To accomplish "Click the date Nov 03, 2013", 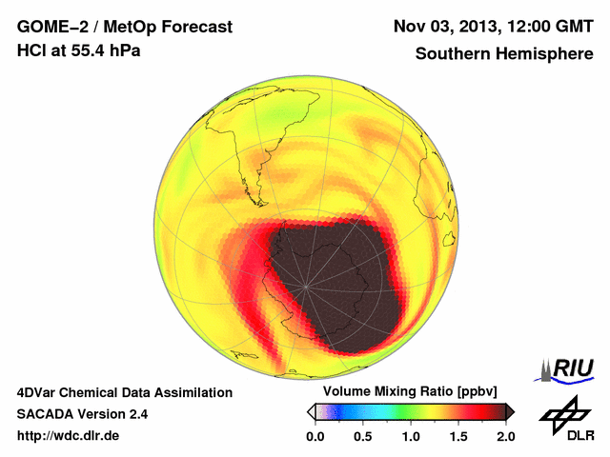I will pos(447,27).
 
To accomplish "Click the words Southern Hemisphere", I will pos(503,54).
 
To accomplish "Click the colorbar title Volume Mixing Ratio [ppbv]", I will pos(410,392).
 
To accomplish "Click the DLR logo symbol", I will pos(563,415).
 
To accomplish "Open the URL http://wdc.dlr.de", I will pos(69,436).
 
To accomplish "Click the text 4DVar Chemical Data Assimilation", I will pos(124,392).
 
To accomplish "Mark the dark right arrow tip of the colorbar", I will pos(512,411).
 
